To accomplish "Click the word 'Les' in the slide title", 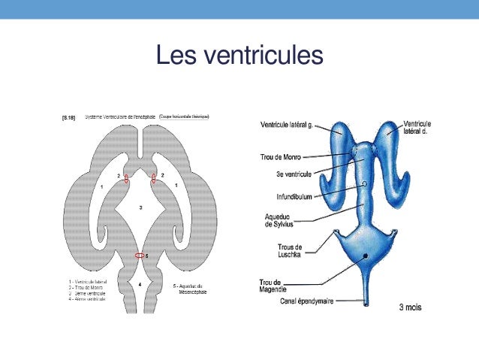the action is tap(174, 55).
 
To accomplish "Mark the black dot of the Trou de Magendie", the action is tap(366, 257).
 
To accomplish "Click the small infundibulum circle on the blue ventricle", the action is tap(364, 183).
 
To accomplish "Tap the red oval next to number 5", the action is tap(140, 256).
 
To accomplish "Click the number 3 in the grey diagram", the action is tap(140, 206).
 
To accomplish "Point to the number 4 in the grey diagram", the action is tap(140, 284).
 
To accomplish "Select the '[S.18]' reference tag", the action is tap(68, 116).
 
